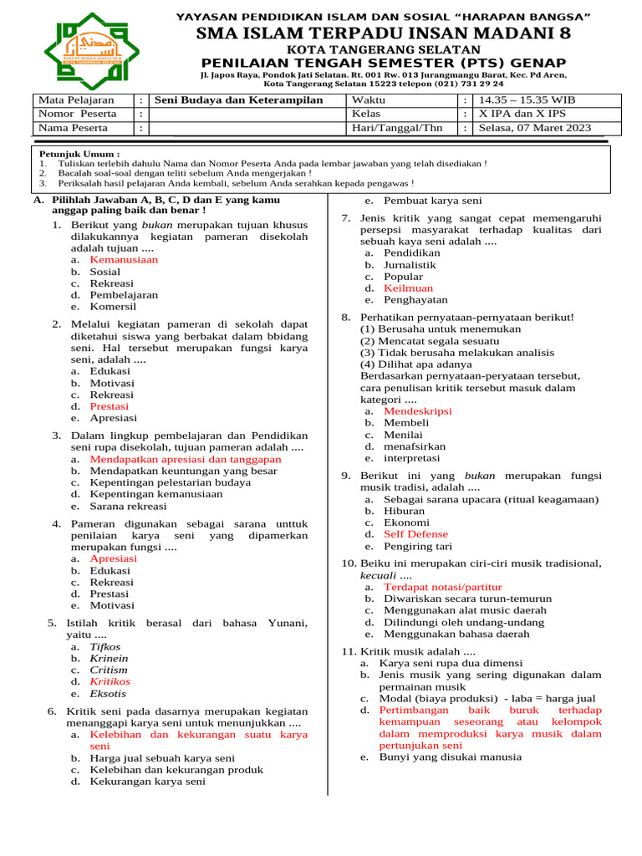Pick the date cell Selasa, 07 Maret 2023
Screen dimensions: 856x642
click(x=534, y=128)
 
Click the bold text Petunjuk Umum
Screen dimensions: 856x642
click(x=79, y=155)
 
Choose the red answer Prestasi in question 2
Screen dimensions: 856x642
click(x=109, y=405)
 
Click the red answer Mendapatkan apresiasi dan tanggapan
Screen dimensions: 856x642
click(x=186, y=459)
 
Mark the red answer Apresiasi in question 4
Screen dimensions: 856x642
click(x=113, y=558)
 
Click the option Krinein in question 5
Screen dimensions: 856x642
click(x=109, y=658)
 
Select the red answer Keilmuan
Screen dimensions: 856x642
click(x=408, y=288)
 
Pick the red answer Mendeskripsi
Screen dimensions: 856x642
click(x=417, y=411)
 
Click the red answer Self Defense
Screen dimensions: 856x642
click(x=415, y=534)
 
